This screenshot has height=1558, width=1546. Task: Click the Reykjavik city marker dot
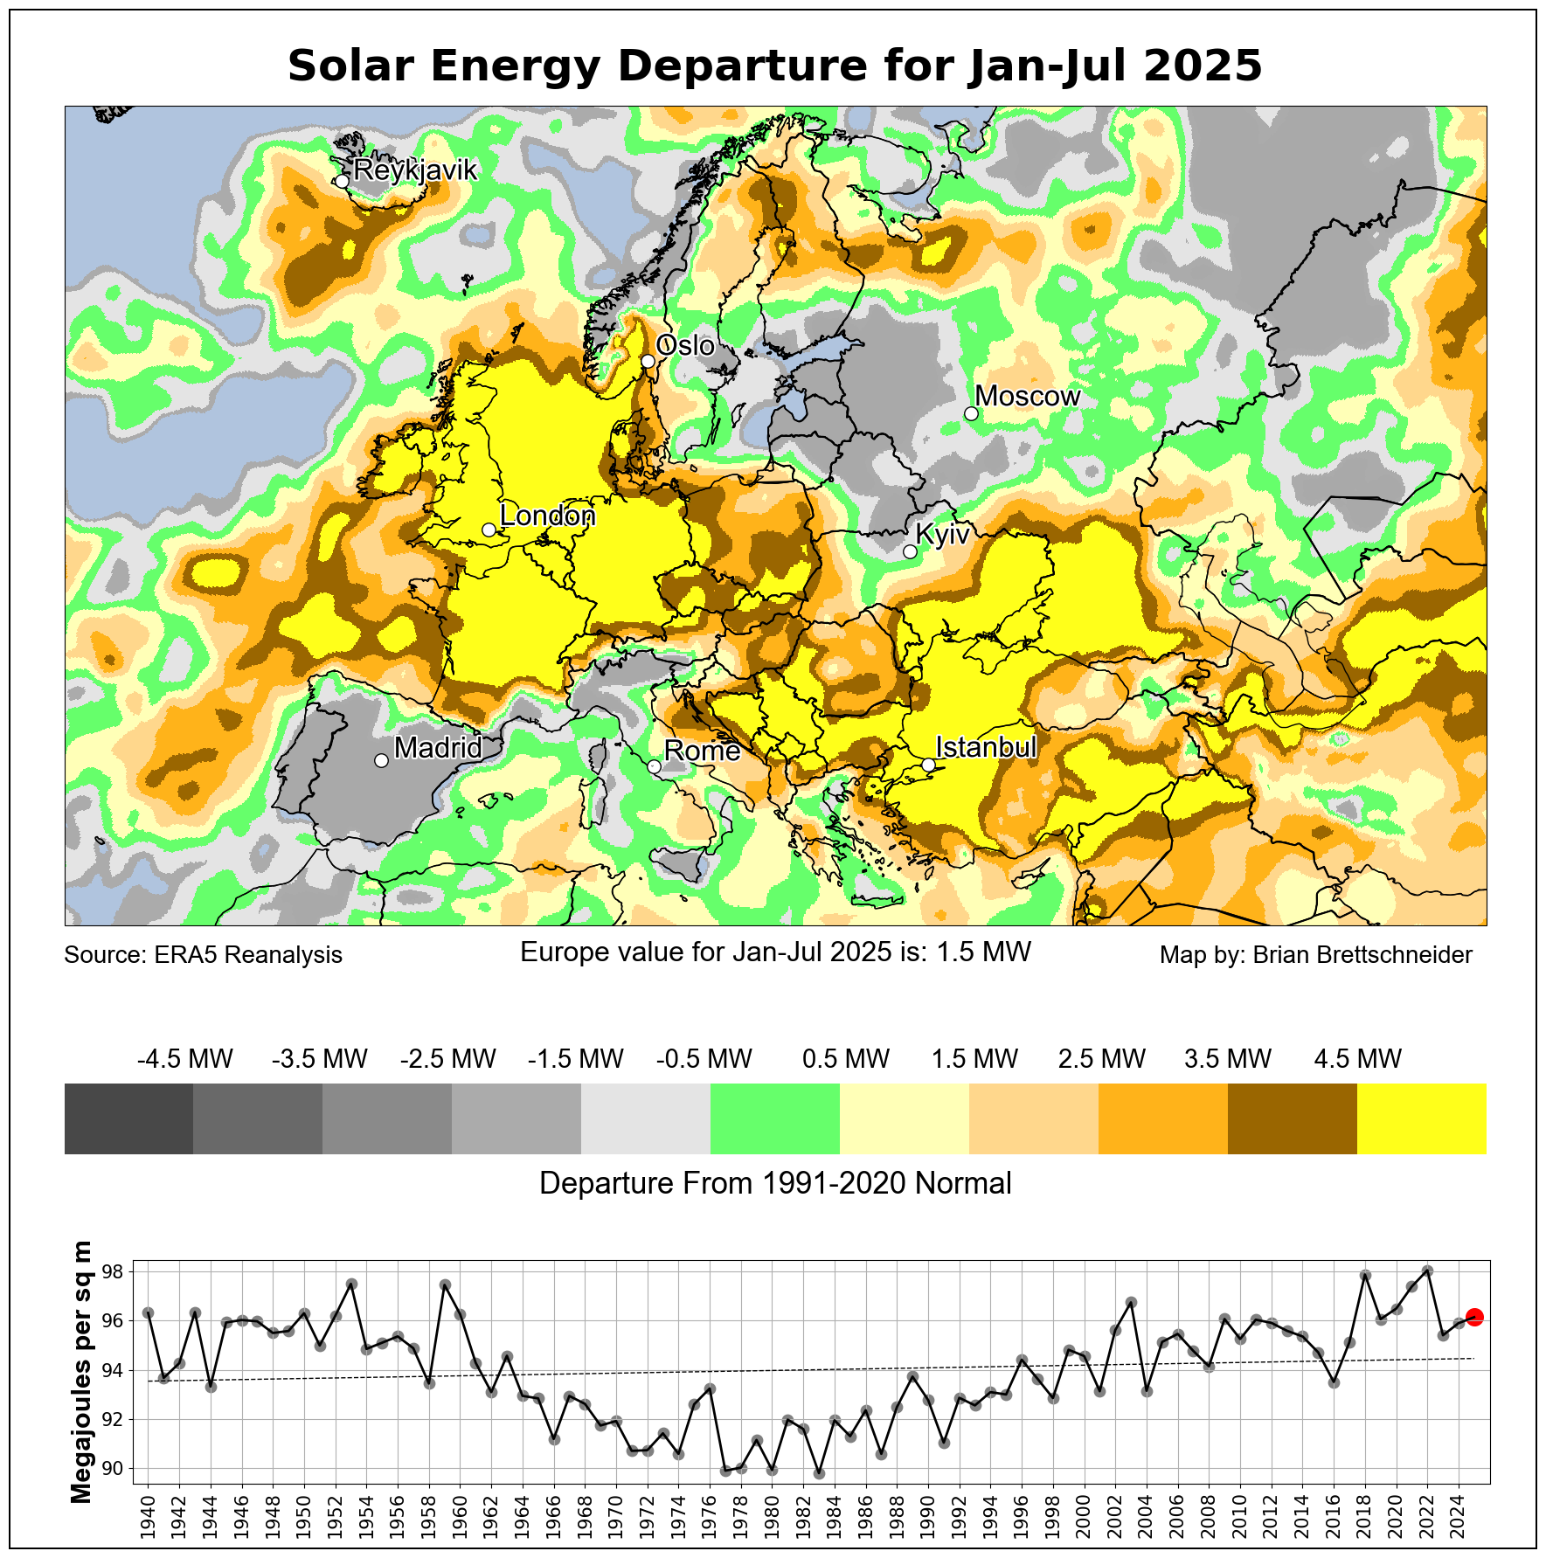343,181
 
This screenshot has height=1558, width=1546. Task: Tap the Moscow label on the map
1028,397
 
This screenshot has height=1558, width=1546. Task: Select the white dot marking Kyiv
910,551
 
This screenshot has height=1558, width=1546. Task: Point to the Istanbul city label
986,748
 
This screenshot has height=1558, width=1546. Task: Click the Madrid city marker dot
381,760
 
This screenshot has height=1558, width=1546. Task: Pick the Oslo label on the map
685,346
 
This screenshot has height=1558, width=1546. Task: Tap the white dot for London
489,530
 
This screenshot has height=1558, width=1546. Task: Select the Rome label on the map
702,751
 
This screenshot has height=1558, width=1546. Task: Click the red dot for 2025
1474,1317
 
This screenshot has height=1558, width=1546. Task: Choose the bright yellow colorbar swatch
1422,1118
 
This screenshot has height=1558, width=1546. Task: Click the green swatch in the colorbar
775,1118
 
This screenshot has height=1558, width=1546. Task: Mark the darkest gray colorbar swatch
128,1118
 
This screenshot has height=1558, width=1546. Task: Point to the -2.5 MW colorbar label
447,1059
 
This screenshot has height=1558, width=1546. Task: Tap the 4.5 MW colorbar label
1357,1059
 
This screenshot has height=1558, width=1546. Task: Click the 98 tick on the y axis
113,1271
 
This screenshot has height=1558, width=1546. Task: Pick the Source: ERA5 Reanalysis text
203,955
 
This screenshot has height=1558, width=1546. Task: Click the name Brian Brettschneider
1362,955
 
